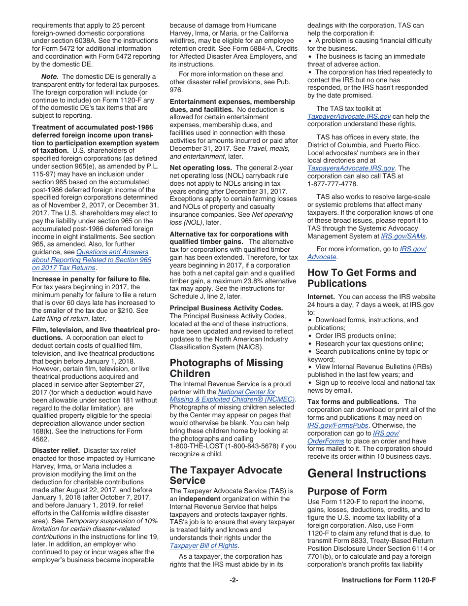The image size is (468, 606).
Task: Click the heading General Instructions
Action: point(367,473)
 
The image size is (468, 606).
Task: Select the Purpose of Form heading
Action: point(347,491)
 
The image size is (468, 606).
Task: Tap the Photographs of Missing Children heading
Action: point(226,368)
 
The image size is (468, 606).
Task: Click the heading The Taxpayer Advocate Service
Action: point(226,475)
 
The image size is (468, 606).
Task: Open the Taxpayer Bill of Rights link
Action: point(203,545)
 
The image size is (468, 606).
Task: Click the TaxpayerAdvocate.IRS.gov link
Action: point(349,117)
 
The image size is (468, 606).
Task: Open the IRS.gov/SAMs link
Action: point(403,236)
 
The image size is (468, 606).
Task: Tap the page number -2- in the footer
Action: point(234,580)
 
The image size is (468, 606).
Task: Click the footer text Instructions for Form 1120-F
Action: point(388,580)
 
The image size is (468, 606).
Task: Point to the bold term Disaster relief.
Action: point(56,450)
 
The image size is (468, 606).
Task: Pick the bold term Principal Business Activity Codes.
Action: point(226,308)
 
